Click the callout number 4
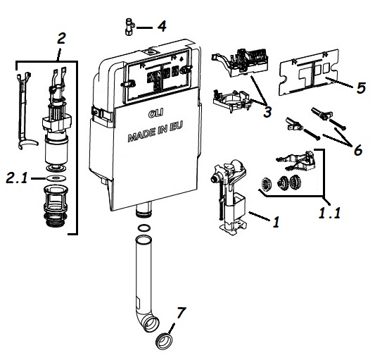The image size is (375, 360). (162, 26)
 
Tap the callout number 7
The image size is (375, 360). (181, 313)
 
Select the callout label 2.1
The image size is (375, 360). (17, 178)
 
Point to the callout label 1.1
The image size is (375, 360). (329, 213)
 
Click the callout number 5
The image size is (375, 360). (361, 87)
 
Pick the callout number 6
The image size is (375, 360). (358, 151)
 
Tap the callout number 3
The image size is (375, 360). (267, 112)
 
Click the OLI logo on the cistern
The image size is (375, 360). (155, 113)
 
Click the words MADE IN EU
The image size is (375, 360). (155, 132)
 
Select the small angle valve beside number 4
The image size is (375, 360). (129, 27)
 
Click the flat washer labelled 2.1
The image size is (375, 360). (56, 178)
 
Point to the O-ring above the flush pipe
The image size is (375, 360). (144, 228)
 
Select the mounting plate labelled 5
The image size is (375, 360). (309, 72)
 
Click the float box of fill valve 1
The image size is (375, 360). (235, 206)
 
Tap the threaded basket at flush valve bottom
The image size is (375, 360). (56, 206)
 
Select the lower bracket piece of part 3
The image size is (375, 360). (231, 101)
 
